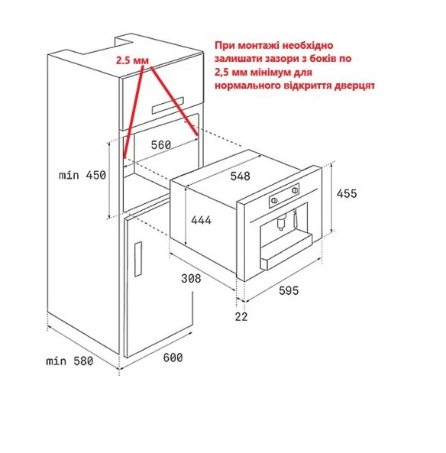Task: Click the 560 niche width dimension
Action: tap(161, 144)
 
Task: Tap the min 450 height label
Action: tap(82, 175)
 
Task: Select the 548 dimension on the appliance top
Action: tap(240, 176)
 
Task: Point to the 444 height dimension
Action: tap(201, 220)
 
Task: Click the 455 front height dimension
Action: tap(347, 193)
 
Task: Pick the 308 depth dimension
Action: tap(191, 279)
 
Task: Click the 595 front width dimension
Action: tap(289, 290)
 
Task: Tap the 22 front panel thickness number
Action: tap(241, 316)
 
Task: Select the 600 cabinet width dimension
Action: tap(173, 358)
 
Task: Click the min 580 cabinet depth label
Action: tap(69, 361)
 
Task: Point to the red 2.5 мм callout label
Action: tap(132, 60)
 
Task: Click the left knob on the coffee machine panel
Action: tap(274, 200)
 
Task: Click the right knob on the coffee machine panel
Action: tap(295, 190)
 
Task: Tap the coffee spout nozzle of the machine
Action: tap(280, 223)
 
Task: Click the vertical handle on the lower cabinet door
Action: tap(138, 259)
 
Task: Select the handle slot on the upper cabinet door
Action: tap(167, 105)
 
